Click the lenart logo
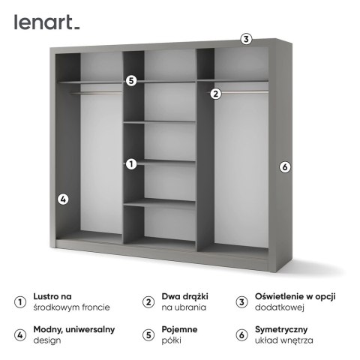(x=46, y=22)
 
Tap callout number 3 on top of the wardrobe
(x=246, y=39)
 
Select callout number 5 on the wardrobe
(x=131, y=81)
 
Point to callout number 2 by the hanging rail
(x=216, y=94)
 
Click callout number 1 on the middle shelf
(x=131, y=164)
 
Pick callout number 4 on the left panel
(x=63, y=199)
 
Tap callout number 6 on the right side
(x=285, y=167)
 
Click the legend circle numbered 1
(x=20, y=302)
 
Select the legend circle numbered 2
(x=148, y=302)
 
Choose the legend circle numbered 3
(x=241, y=302)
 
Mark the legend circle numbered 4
(x=20, y=335)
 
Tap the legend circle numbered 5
(x=148, y=335)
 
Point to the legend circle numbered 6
(x=241, y=335)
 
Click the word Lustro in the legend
(x=46, y=296)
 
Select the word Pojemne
(x=179, y=330)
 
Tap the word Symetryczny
(x=281, y=330)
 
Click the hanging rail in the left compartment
(x=95, y=93)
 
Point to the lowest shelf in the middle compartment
(x=160, y=202)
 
